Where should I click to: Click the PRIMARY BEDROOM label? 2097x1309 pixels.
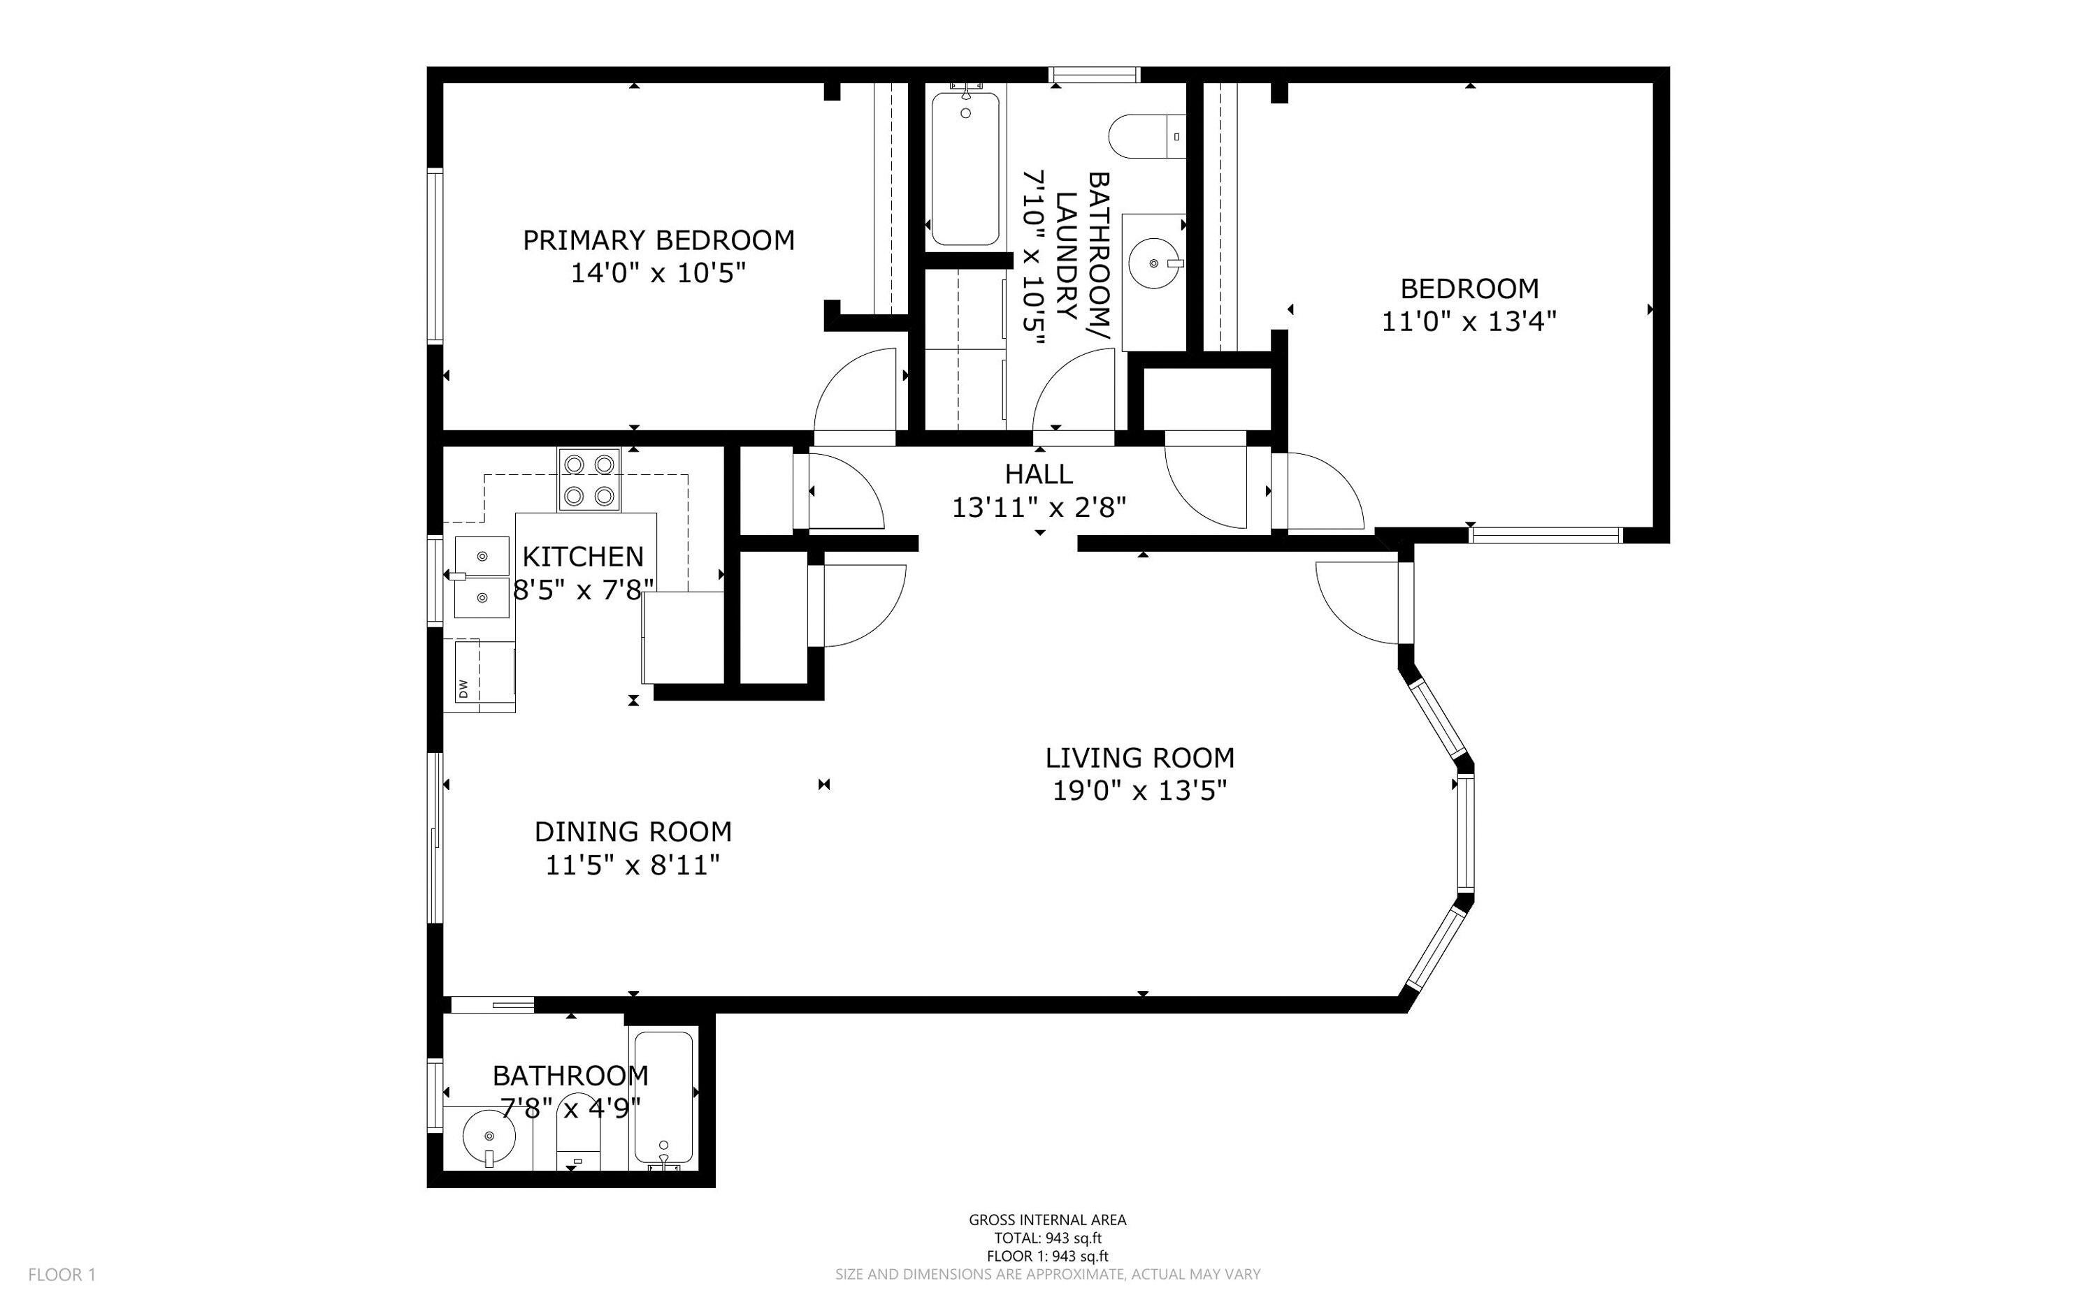(658, 240)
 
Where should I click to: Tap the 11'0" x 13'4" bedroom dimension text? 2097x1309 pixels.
(1469, 322)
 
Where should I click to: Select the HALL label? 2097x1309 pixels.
(1039, 474)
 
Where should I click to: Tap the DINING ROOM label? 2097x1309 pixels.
(633, 831)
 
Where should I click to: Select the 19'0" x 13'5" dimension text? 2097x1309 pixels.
(1140, 791)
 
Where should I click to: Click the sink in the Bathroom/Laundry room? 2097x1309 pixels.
(1154, 261)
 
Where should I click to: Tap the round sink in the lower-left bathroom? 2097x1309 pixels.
(489, 1135)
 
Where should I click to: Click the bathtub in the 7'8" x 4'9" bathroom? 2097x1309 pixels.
(663, 1099)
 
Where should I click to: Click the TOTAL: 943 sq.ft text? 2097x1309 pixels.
(1047, 1238)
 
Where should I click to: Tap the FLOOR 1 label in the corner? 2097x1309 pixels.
(62, 1274)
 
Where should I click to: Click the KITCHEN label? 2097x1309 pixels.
(583, 556)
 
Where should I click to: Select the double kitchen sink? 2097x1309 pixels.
(482, 578)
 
